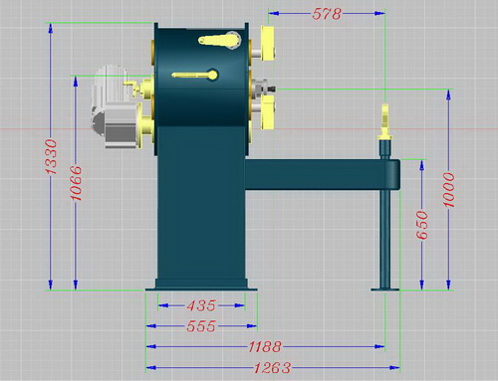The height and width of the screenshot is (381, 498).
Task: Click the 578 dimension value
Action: [x=327, y=14]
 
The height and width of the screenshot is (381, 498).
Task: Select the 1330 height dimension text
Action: [x=51, y=157]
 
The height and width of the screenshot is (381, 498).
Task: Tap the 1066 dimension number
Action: [x=76, y=183]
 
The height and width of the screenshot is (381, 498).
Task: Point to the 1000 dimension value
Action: [x=449, y=190]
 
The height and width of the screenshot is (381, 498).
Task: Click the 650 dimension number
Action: [x=422, y=225]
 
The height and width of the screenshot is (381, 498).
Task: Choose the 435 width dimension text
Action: [x=201, y=305]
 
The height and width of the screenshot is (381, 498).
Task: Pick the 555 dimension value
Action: [x=201, y=326]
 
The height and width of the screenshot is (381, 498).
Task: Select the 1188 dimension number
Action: [x=265, y=347]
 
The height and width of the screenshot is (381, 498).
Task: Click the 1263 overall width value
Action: [x=272, y=368]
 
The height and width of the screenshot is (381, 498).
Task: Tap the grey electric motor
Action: [x=113, y=106]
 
